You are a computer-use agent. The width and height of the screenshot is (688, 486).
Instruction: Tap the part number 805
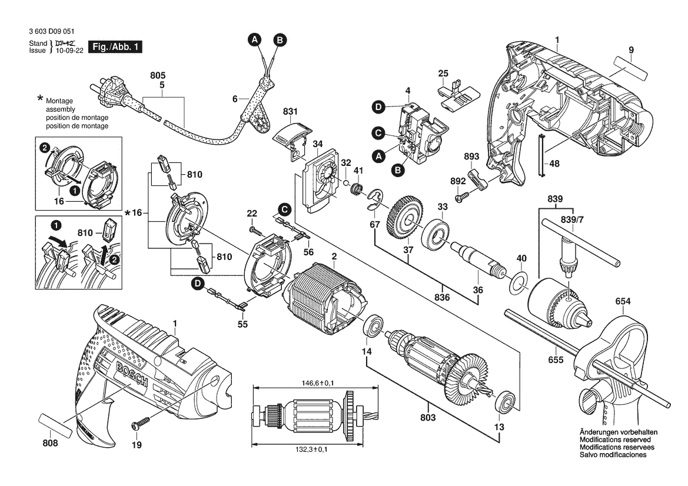158,76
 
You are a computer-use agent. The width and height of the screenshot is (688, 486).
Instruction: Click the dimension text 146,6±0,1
313,383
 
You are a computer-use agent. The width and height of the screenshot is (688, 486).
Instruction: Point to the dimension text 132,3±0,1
314,450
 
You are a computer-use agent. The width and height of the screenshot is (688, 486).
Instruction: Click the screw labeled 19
142,423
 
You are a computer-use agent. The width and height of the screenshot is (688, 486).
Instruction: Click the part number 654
623,302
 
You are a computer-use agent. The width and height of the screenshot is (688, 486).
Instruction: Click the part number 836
441,298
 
